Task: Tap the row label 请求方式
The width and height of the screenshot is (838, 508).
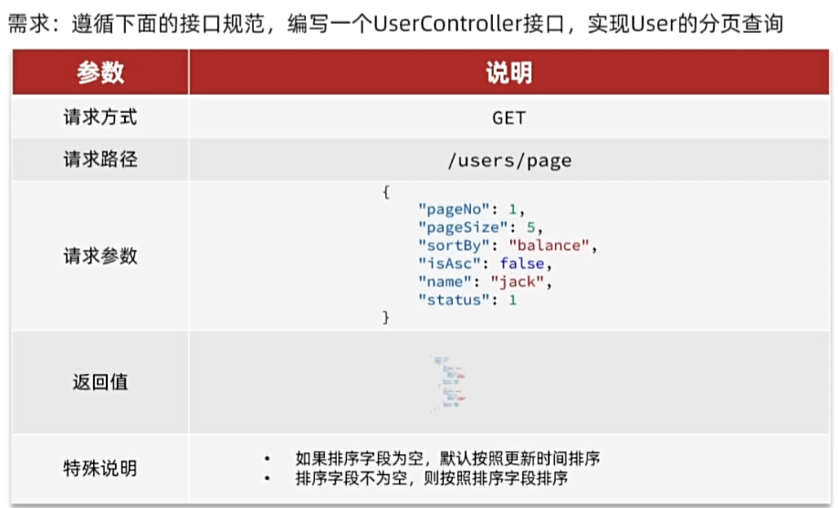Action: tap(100, 119)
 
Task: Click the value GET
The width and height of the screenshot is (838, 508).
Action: tap(508, 119)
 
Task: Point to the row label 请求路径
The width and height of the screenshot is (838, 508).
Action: tap(100, 160)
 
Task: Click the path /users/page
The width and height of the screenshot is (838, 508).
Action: tap(508, 161)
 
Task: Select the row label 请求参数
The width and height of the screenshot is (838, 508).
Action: tap(100, 256)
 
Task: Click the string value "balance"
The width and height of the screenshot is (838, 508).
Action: tap(551, 245)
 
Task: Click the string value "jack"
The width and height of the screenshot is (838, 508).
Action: tap(519, 282)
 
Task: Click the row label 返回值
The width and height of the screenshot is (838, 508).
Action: tap(100, 382)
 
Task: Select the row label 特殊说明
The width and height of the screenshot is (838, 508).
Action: tap(100, 469)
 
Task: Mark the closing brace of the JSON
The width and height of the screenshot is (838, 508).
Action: tap(386, 317)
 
